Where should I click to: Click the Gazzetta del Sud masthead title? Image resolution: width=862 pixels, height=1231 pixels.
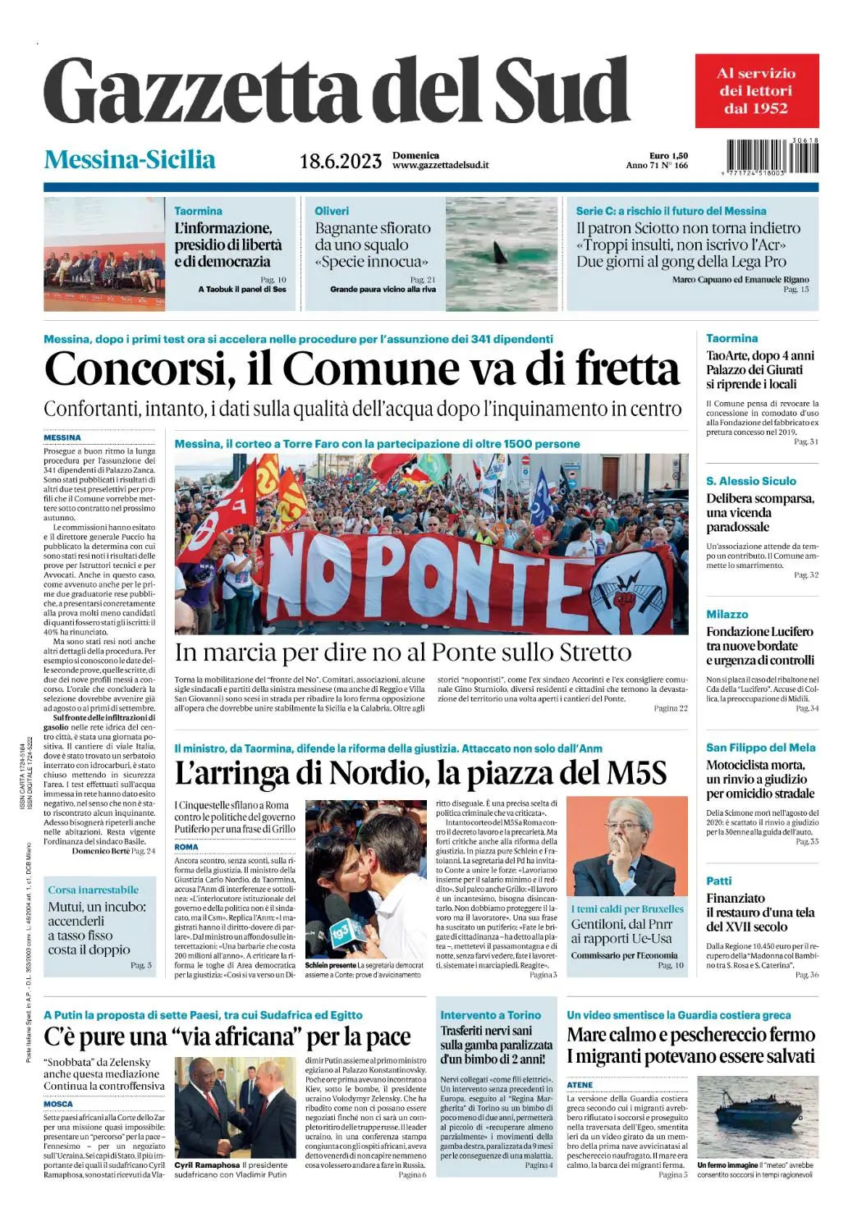[x=337, y=92]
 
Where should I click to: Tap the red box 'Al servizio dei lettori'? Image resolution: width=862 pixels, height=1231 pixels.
[x=756, y=90]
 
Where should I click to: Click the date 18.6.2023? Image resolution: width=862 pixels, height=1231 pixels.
[x=340, y=161]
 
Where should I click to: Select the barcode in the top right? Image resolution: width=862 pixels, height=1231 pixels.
[x=772, y=157]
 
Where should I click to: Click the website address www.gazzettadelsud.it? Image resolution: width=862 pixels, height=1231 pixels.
[x=440, y=166]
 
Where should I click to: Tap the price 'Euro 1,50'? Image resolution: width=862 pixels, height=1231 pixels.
[x=668, y=155]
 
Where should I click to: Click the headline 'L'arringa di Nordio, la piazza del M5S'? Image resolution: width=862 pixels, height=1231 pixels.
[x=420, y=773]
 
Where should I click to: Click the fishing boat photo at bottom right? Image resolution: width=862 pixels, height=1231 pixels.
[x=756, y=1116]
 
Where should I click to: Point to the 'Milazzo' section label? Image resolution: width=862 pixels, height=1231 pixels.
[x=727, y=614]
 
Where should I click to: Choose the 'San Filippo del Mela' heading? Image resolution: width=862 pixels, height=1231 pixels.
[x=760, y=748]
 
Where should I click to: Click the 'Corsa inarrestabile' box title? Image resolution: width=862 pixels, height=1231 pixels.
[x=93, y=890]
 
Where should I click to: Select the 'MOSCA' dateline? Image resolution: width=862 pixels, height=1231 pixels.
[x=58, y=1104]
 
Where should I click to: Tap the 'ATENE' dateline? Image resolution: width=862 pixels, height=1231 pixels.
[x=580, y=1085]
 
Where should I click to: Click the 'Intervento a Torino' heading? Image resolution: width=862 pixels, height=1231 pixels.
[x=491, y=1015]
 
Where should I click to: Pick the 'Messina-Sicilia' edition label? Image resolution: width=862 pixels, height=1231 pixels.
[x=130, y=159]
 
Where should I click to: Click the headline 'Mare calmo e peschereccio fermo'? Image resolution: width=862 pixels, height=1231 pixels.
[x=690, y=1035]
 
